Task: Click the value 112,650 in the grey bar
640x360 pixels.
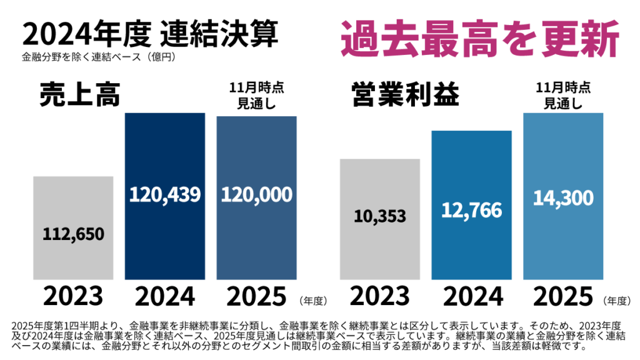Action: tap(73, 234)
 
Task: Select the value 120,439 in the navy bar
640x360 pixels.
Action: tap(165, 194)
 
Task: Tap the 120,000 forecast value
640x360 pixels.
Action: tap(256, 194)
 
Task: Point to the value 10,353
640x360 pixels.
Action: tap(380, 216)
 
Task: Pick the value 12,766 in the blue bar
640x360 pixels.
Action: tap(471, 210)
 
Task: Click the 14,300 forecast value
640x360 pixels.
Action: tap(562, 198)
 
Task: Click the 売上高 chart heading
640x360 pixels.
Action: tap(79, 94)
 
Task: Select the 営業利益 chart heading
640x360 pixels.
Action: tap(405, 94)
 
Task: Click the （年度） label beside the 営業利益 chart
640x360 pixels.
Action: tap(616, 301)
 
